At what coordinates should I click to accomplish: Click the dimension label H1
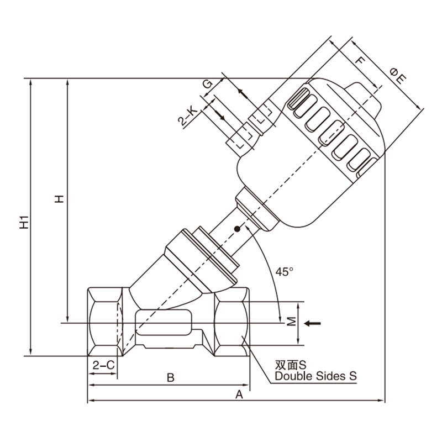click(x=24, y=222)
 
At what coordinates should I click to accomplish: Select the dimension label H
click(x=59, y=199)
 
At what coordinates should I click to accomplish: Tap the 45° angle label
click(x=284, y=272)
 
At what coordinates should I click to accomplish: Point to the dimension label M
click(x=292, y=322)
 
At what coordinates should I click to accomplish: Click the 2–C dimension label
click(x=104, y=365)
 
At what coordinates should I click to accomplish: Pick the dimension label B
click(x=171, y=377)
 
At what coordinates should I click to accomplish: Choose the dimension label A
click(x=239, y=394)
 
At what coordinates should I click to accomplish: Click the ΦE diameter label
click(x=398, y=76)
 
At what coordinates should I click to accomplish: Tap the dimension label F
click(x=360, y=60)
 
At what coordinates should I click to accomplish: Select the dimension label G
click(x=208, y=84)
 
